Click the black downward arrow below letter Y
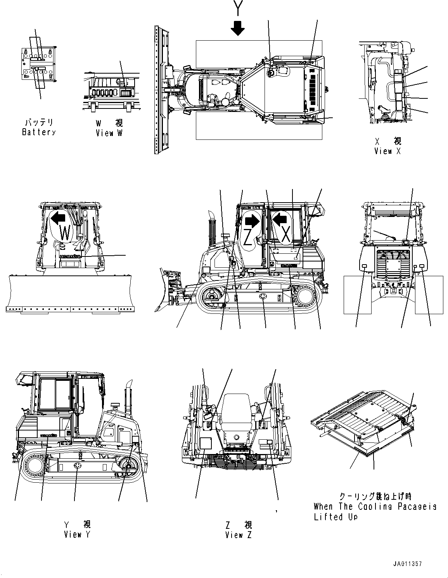pyautogui.click(x=237, y=28)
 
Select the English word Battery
pyautogui.click(x=38, y=132)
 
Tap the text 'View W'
pyautogui.click(x=109, y=133)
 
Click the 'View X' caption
pyautogui.click(x=387, y=151)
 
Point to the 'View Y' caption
pyautogui.click(x=77, y=535)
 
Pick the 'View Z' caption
pyautogui.click(x=238, y=535)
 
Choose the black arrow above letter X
pyautogui.click(x=280, y=220)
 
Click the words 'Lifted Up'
pyautogui.click(x=336, y=517)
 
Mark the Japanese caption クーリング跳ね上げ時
pyautogui.click(x=375, y=496)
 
